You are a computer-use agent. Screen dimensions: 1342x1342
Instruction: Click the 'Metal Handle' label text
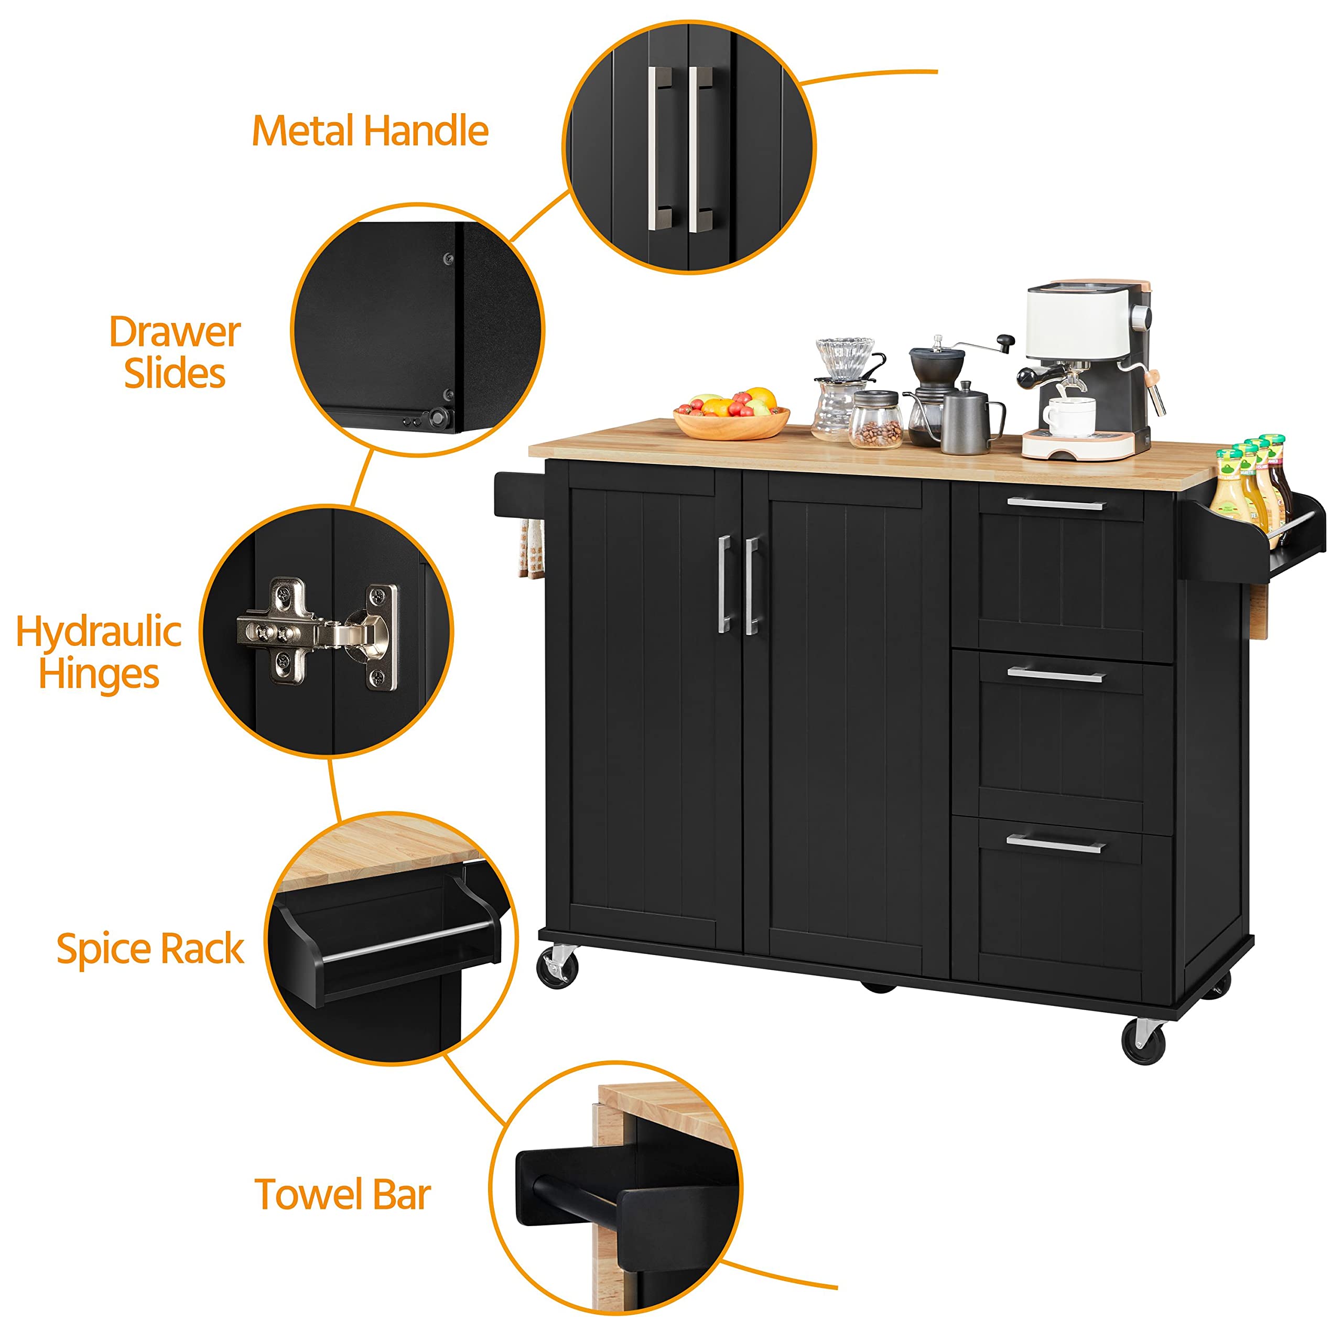(x=370, y=131)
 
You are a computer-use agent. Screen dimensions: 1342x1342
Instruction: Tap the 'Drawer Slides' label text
(x=175, y=352)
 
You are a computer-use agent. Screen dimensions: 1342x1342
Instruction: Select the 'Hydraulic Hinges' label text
(x=99, y=652)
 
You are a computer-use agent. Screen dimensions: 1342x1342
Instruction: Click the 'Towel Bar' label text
(x=342, y=1195)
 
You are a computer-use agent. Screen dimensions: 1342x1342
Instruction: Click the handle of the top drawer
(x=1056, y=503)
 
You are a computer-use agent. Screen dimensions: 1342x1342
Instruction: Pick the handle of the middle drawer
(x=1056, y=675)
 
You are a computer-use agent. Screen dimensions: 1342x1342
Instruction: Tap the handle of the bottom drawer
(x=1056, y=844)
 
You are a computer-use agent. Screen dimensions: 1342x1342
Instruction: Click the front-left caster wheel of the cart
(x=558, y=966)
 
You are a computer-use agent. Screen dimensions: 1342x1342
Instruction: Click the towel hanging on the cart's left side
(x=532, y=549)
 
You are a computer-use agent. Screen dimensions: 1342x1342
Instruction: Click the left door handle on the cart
(x=724, y=583)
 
